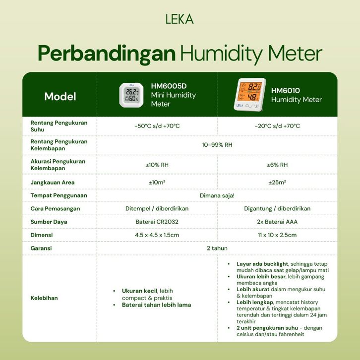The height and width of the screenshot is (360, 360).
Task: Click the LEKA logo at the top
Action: pyautogui.click(x=180, y=19)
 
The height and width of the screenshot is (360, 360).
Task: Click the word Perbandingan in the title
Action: pyautogui.click(x=107, y=54)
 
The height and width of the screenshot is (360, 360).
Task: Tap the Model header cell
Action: pyautogui.click(x=60, y=96)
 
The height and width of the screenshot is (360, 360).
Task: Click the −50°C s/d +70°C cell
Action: pyautogui.click(x=157, y=126)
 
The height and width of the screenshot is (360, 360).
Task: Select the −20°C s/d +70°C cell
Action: pyautogui.click(x=277, y=126)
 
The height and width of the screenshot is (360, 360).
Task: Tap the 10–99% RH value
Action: pyautogui.click(x=217, y=145)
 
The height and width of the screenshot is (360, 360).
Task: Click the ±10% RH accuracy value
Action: pyautogui.click(x=157, y=165)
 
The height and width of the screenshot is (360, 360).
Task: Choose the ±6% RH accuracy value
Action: pyautogui.click(x=277, y=165)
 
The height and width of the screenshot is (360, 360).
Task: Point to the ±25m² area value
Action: pyautogui.click(x=277, y=182)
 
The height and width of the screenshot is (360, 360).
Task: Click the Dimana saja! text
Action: pyautogui.click(x=217, y=195)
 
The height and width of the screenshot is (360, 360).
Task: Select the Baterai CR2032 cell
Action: pyautogui.click(x=157, y=222)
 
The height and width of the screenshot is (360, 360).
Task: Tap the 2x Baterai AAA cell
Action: pyautogui.click(x=277, y=222)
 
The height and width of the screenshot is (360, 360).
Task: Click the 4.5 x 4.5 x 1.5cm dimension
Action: pyautogui.click(x=157, y=235)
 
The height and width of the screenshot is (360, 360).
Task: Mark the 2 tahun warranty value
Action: pyautogui.click(x=217, y=248)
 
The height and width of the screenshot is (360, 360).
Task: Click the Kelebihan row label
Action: pyautogui.click(x=44, y=298)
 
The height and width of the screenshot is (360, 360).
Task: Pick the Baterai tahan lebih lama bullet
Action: pyautogui.click(x=156, y=305)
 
